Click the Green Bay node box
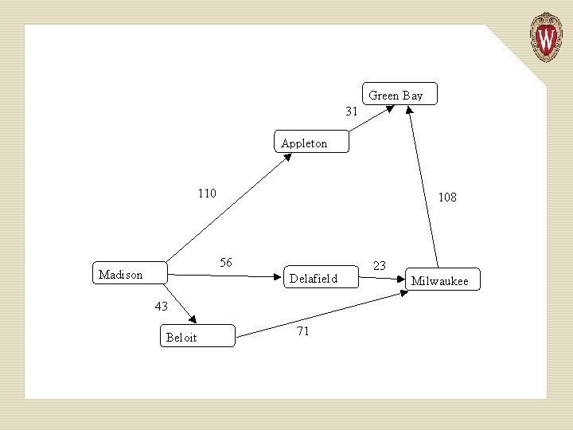pos(400,94)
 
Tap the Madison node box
pos(130,273)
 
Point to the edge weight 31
pos(351,111)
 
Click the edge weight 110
pos(207,193)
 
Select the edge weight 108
pos(447,197)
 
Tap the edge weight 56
pos(226,263)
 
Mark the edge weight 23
pos(380,265)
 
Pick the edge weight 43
pos(161,306)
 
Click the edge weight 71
pos(302,331)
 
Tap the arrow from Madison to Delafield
pos(227,276)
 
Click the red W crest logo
pos(546,37)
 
